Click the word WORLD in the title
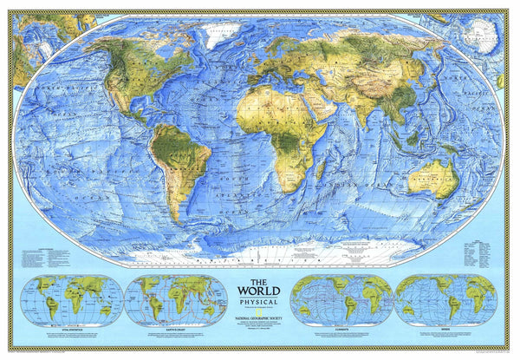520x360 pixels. click(x=259, y=291)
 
